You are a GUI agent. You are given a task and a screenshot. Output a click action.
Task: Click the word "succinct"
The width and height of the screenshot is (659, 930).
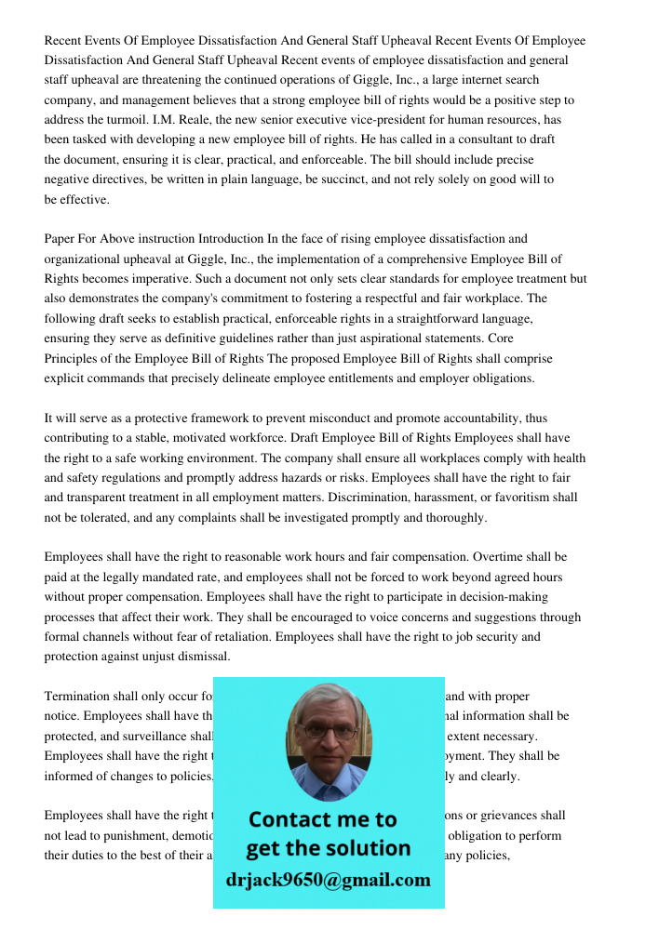333,179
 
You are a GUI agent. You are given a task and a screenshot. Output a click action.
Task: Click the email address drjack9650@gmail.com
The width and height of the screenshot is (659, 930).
329,880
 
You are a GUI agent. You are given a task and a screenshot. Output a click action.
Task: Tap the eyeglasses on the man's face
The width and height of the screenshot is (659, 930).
329,731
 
